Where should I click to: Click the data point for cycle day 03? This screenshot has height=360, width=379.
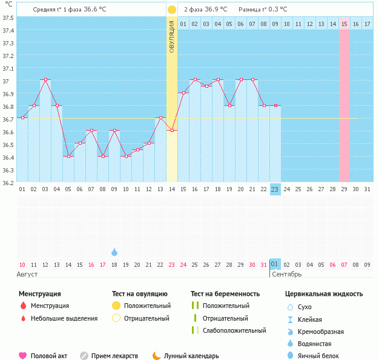(x=45, y=80)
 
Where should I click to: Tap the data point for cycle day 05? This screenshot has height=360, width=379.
(x=68, y=156)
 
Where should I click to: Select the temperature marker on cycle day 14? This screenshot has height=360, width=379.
(x=172, y=130)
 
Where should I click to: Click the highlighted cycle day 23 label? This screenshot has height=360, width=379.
(x=275, y=189)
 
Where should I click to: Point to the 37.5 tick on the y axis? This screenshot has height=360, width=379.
(x=8, y=17)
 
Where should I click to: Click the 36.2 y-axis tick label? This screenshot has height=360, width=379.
(x=8, y=182)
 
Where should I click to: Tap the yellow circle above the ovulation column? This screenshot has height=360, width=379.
(x=172, y=10)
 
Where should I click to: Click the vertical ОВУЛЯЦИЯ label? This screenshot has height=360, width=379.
(x=172, y=36)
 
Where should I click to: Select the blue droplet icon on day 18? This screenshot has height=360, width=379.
(x=114, y=252)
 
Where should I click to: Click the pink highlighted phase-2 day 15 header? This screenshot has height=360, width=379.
(x=344, y=24)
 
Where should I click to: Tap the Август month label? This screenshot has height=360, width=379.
(x=27, y=274)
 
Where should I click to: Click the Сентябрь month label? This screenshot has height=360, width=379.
(x=287, y=274)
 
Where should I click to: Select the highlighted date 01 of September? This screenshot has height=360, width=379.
(x=275, y=264)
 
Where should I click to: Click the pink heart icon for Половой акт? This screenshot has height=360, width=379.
(x=23, y=356)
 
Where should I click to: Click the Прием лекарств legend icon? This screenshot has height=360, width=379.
(x=84, y=356)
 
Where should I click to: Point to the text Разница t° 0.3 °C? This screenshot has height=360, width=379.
(x=263, y=10)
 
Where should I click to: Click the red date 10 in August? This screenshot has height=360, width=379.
(x=22, y=264)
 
